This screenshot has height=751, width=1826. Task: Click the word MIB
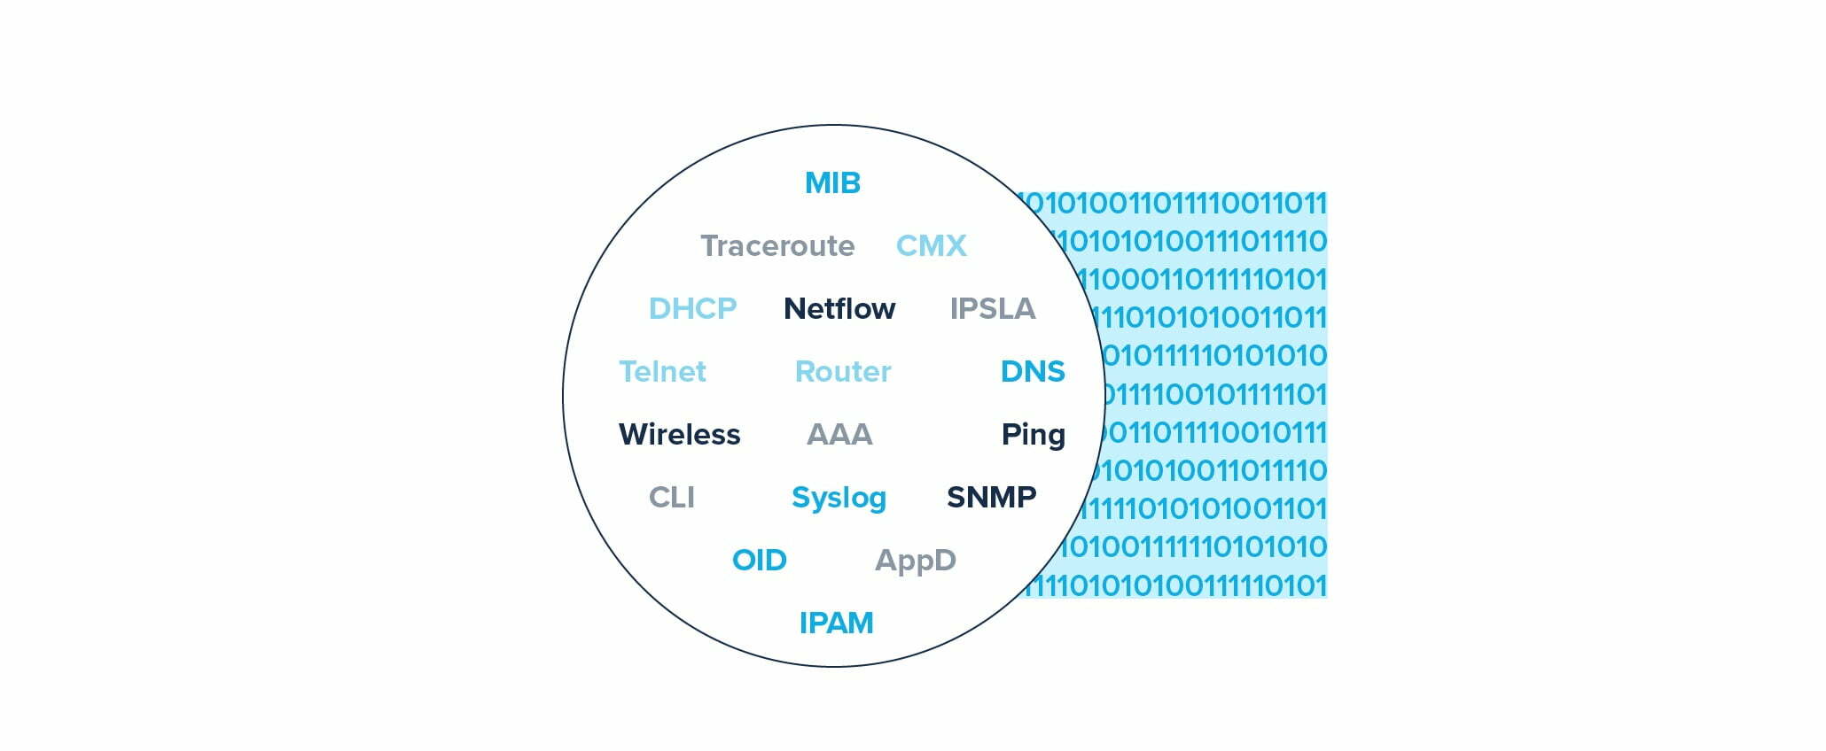832,183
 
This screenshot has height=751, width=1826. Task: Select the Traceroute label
777,246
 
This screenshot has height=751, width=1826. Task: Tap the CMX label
931,246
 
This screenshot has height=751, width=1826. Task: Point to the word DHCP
692,309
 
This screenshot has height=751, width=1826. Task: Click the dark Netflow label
839,309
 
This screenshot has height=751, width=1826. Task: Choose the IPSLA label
992,309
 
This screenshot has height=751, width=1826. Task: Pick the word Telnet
662,372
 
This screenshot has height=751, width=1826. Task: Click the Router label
843,372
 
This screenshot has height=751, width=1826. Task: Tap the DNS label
1032,372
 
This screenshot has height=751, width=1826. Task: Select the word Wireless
679,435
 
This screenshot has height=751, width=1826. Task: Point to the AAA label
839,435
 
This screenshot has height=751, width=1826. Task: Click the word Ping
1033,435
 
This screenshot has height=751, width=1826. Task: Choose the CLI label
672,498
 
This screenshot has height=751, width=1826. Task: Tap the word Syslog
839,498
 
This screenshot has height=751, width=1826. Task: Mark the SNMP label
991,498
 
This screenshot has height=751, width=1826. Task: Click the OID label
759,561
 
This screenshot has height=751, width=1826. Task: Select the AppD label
915,561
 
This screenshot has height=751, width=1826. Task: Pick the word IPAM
836,623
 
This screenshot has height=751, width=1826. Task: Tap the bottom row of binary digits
1179,585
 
